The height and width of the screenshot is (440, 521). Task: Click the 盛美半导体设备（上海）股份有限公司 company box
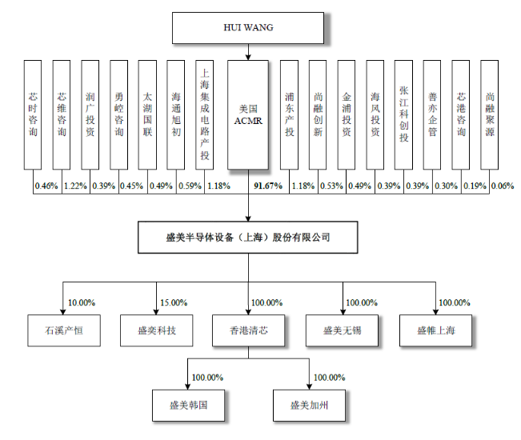247,238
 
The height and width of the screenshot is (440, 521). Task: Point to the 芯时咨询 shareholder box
32,114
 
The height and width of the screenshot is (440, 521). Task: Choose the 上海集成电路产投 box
205,114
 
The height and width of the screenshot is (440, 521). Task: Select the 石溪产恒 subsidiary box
65,330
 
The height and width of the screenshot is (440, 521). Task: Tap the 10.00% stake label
82,302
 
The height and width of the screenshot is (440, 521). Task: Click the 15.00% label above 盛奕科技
174,302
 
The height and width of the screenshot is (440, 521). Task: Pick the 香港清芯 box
247,330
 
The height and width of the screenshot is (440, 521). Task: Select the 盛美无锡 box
341,330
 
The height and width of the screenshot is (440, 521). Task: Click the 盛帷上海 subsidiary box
435,330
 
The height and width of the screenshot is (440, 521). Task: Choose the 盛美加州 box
309,405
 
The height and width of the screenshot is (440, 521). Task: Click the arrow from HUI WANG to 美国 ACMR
248,51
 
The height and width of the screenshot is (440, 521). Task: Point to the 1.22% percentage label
75,186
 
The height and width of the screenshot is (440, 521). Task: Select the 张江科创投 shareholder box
404,114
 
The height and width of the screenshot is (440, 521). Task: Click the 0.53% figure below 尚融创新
330,186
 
